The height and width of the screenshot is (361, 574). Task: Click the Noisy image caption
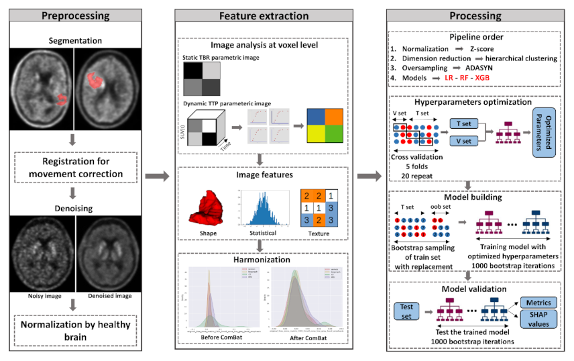45,294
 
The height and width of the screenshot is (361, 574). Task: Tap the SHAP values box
540,319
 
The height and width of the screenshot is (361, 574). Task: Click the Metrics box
540,303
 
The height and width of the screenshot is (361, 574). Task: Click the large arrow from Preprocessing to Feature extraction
156,176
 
